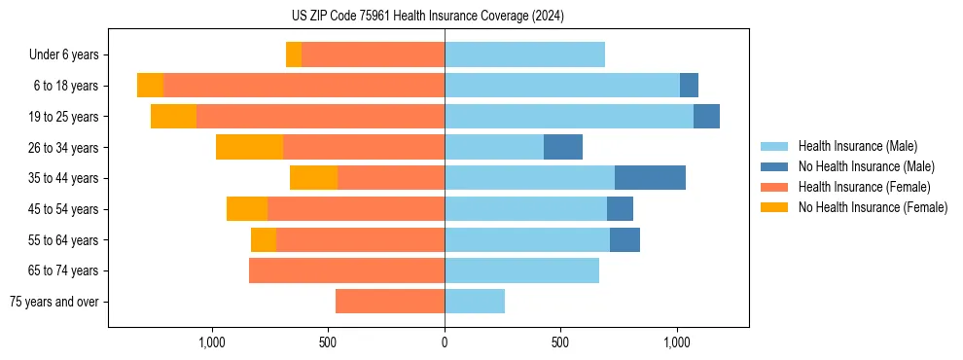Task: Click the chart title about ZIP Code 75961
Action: pyautogui.click(x=428, y=16)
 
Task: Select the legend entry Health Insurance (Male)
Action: pyautogui.click(x=857, y=146)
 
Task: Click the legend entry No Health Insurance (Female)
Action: pyautogui.click(x=872, y=207)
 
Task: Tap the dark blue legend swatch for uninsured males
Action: pyautogui.click(x=775, y=166)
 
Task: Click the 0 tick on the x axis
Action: pyautogui.click(x=445, y=342)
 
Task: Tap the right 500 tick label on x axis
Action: pyautogui.click(x=560, y=342)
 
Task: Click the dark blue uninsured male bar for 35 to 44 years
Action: pyautogui.click(x=650, y=178)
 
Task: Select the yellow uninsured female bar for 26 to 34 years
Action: pyautogui.click(x=249, y=147)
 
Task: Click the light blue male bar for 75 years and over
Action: pyautogui.click(x=475, y=302)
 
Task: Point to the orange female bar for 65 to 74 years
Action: pyautogui.click(x=346, y=270)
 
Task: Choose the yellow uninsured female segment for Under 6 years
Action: pyautogui.click(x=294, y=54)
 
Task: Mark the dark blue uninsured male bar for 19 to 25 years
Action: pyautogui.click(x=706, y=116)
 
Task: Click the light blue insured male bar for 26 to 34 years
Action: pyautogui.click(x=493, y=147)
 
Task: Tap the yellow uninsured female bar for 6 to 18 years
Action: pyautogui.click(x=150, y=86)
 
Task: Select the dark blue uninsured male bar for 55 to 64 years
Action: pyautogui.click(x=624, y=239)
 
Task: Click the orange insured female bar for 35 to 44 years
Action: pyautogui.click(x=391, y=178)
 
